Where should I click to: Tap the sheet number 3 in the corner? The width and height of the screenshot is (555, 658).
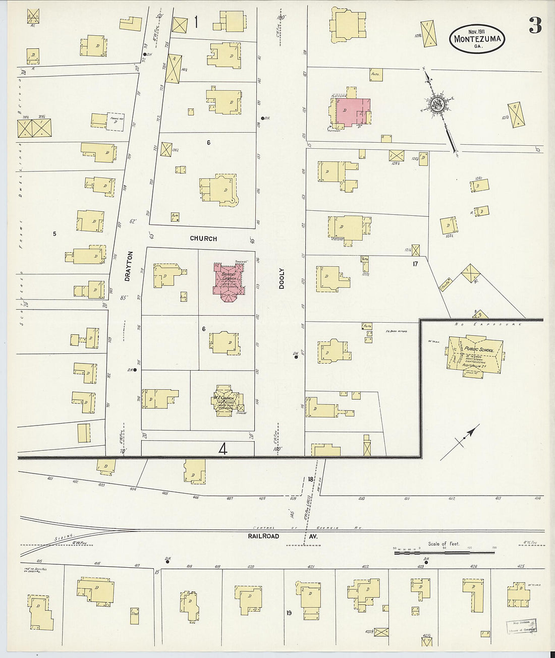[535, 25]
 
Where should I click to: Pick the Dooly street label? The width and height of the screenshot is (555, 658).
[282, 278]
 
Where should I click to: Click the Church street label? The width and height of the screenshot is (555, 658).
[203, 238]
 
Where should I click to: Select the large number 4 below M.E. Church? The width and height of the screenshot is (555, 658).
[223, 449]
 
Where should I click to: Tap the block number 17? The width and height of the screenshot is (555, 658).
[415, 264]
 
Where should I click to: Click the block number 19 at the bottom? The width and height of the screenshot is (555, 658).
[289, 613]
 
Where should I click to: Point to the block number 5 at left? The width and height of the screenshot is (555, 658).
[54, 233]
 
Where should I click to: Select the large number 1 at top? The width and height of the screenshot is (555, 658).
[195, 22]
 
